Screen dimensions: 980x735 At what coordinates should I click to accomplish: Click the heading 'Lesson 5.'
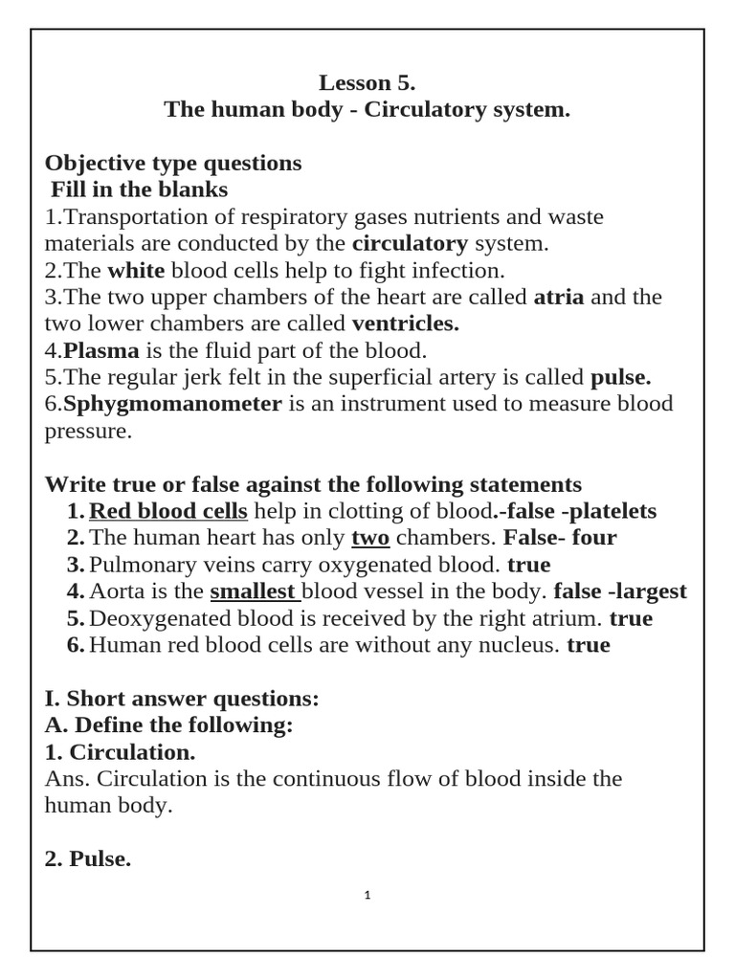click(x=367, y=82)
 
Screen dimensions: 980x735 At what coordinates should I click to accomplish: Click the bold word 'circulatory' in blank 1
click(x=410, y=243)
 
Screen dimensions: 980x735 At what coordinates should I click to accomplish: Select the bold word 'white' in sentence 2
click(x=136, y=270)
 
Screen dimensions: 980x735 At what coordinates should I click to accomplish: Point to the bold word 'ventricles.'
click(x=406, y=323)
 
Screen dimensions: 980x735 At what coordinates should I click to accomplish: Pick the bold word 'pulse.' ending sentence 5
click(x=621, y=377)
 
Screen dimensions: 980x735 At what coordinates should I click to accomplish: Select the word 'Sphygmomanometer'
click(x=172, y=404)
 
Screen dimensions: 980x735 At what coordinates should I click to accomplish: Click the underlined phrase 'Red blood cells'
click(x=168, y=511)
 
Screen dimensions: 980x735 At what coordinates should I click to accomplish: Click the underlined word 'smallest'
click(x=253, y=591)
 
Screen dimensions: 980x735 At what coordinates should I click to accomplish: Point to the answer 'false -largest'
click(x=620, y=591)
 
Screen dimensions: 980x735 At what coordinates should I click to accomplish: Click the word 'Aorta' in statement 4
click(x=118, y=591)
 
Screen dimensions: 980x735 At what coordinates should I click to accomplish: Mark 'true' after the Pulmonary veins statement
click(x=529, y=565)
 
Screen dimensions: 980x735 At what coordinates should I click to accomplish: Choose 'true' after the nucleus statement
click(x=588, y=645)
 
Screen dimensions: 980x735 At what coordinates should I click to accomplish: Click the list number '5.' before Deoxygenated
click(x=76, y=618)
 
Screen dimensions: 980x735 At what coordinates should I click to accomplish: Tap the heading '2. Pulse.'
click(x=88, y=833)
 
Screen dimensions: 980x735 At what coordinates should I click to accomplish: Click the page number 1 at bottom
click(x=367, y=896)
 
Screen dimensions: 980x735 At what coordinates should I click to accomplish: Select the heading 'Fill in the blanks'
click(x=139, y=189)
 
